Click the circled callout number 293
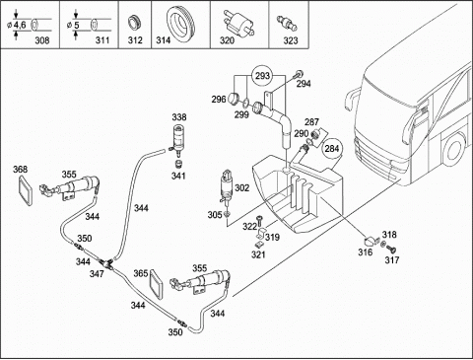click(x=262, y=76)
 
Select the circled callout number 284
click(x=331, y=149)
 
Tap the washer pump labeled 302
click(x=227, y=188)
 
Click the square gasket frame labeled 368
click(x=26, y=190)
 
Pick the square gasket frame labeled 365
click(x=156, y=284)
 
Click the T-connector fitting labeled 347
click(x=105, y=263)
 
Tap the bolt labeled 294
click(x=299, y=74)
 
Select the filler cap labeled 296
click(x=234, y=99)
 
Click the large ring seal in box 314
click(x=181, y=24)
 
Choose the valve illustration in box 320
click(x=238, y=24)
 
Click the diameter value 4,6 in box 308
click(x=20, y=25)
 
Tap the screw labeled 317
click(x=391, y=249)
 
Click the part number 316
click(x=366, y=252)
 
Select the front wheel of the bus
click(x=453, y=150)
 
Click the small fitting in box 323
click(x=287, y=22)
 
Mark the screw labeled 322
click(x=260, y=221)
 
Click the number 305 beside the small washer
click(x=215, y=215)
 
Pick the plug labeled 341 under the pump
click(x=179, y=164)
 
